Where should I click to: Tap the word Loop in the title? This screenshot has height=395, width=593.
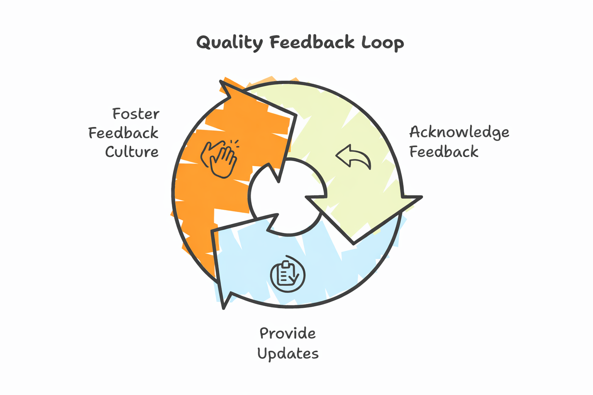(x=383, y=43)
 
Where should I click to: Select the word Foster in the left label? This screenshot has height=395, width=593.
(x=136, y=114)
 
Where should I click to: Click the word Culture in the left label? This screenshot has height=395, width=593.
(x=132, y=152)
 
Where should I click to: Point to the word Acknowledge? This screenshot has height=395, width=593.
(x=459, y=132)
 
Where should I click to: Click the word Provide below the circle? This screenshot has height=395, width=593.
(x=288, y=333)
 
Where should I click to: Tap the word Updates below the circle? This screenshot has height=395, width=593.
(x=288, y=353)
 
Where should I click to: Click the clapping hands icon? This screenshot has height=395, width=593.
(x=218, y=159)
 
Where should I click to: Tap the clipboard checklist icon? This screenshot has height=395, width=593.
(x=288, y=274)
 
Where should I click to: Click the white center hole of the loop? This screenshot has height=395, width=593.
(x=288, y=197)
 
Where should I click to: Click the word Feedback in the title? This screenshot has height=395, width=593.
(x=312, y=43)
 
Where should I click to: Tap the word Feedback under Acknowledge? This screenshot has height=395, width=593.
(x=444, y=152)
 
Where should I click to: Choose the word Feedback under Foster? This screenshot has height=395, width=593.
(x=124, y=133)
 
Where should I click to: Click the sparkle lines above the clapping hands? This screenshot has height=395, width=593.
(x=234, y=143)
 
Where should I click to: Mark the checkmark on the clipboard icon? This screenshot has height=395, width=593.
(x=295, y=278)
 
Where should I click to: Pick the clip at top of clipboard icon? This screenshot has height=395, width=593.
(x=286, y=264)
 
